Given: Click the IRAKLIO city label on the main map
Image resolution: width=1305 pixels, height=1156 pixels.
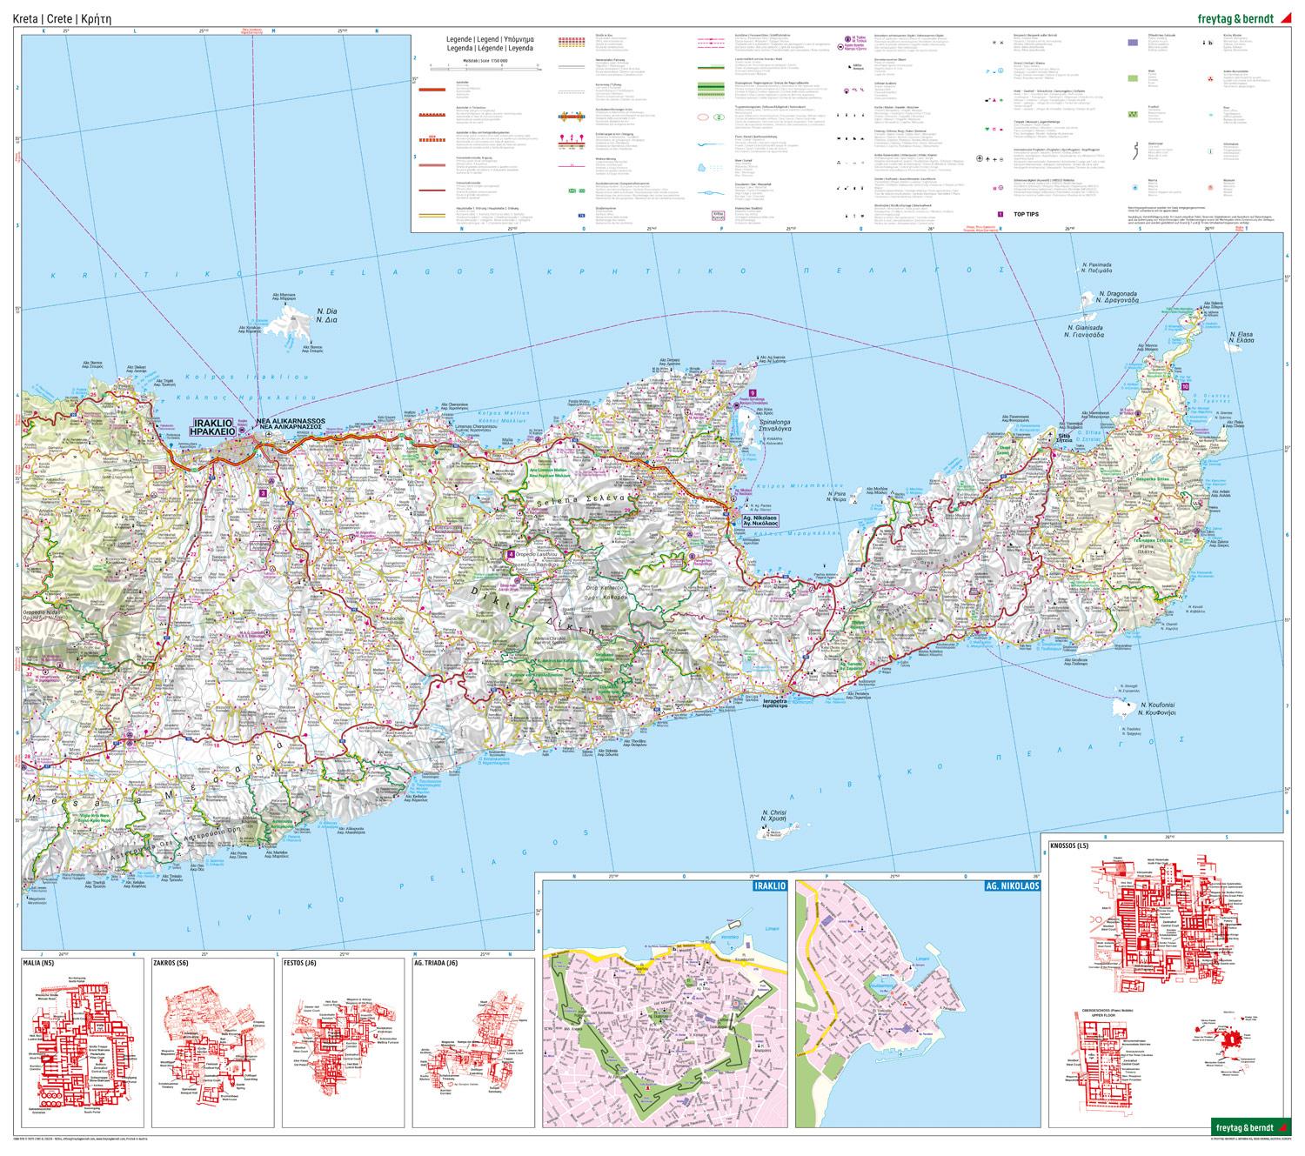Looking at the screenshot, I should pos(212,426).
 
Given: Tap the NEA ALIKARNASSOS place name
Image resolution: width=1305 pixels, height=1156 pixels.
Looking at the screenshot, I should pos(291,425).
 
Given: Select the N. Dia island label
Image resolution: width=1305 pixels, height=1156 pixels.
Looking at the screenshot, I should pos(326,316).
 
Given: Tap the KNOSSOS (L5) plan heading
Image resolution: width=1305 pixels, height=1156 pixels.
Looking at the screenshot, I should pos(1069,846).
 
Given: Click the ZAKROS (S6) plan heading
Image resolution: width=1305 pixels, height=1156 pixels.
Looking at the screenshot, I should pos(171,963).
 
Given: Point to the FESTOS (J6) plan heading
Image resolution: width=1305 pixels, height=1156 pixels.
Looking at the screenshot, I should pos(301,963).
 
